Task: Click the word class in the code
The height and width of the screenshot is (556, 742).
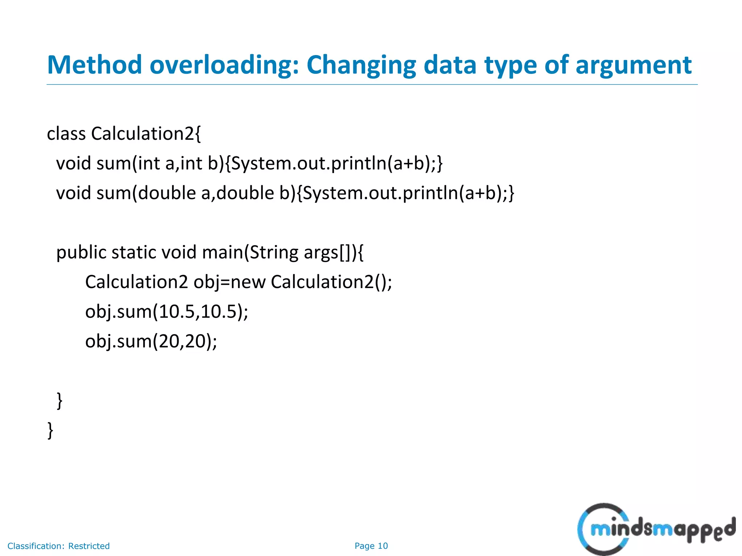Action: [x=66, y=134]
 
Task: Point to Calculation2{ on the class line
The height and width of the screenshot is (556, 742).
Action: [x=146, y=134]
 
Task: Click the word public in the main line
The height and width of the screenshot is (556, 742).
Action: [x=81, y=253]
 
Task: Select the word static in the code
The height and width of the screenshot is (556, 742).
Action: [x=134, y=252]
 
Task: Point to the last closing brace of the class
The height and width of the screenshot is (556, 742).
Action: [x=50, y=430]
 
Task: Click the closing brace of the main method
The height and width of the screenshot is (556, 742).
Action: [x=59, y=401]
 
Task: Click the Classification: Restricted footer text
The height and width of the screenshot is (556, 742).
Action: [x=59, y=546]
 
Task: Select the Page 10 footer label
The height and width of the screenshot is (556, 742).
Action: [x=371, y=546]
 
